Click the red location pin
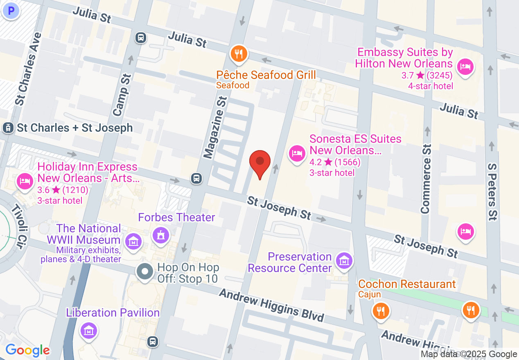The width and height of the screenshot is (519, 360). [260, 162]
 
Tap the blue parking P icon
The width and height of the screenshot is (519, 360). [11, 11]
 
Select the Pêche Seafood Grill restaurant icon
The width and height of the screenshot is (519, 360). [238, 54]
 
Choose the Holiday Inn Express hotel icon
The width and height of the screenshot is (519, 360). [25, 181]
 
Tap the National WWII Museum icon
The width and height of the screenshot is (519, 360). [133, 241]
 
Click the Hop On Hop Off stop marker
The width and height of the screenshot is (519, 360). [144, 272]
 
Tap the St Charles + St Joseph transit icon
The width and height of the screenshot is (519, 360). [7, 128]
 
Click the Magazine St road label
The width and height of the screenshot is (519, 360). [216, 128]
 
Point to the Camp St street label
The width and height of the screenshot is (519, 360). [122, 94]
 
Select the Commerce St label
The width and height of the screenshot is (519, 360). [426, 179]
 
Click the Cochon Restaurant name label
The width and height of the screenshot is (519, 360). [407, 284]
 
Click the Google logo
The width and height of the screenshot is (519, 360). [27, 350]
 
